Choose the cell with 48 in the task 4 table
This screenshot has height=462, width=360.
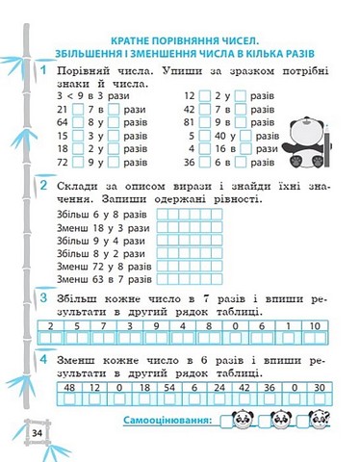[68, 387]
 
